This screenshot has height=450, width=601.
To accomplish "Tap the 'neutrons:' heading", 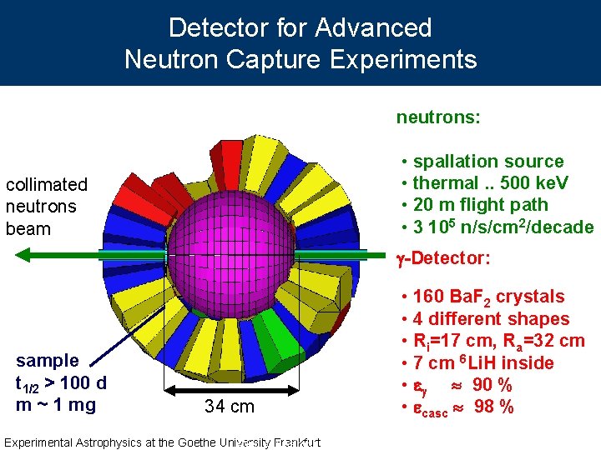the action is tap(437, 117).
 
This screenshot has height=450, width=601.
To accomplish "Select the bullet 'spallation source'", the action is tap(488, 162).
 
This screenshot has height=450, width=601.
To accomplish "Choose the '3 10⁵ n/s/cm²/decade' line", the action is tap(503, 227).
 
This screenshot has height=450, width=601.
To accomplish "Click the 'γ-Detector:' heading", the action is tap(443, 258).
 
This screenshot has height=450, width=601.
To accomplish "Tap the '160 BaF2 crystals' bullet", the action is tap(488, 297).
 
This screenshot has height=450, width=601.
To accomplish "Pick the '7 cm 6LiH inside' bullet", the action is tap(483, 363).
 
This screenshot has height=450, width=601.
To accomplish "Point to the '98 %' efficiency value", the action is tap(493, 407).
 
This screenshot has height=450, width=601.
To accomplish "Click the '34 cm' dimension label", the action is tap(230, 407).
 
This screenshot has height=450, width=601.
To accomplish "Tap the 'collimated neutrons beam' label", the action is tap(46, 206).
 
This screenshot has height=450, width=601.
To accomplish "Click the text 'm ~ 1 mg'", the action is tap(55, 405).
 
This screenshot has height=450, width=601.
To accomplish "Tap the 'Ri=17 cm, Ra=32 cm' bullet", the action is tap(498, 341).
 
